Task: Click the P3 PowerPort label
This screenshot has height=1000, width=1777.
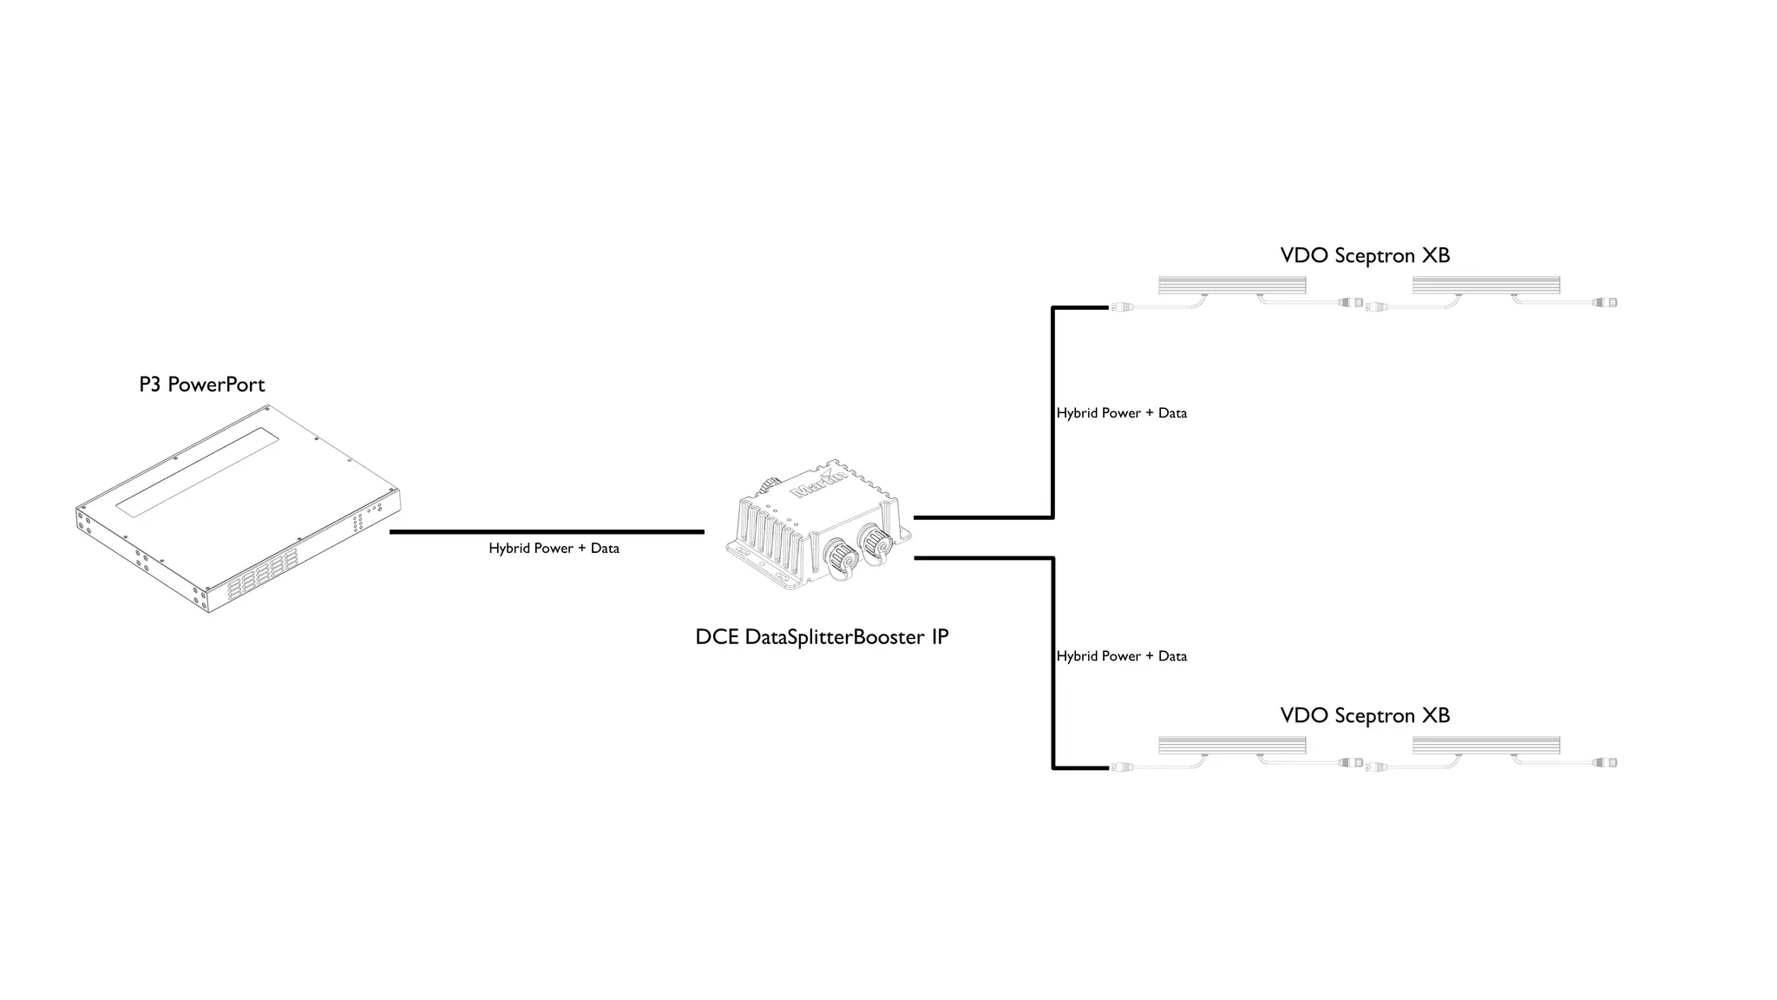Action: point(201,385)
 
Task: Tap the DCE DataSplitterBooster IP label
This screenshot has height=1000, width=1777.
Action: point(822,637)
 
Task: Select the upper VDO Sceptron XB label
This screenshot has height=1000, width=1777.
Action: point(1365,255)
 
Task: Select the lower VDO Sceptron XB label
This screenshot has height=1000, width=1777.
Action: point(1365,715)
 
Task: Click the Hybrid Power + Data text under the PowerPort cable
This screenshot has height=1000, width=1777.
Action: point(554,549)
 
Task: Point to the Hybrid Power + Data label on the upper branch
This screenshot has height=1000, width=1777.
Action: point(1121,413)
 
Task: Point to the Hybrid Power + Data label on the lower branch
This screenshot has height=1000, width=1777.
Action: point(1121,656)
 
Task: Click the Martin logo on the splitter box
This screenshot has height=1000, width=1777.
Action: point(818,484)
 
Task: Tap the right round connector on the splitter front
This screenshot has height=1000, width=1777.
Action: point(874,541)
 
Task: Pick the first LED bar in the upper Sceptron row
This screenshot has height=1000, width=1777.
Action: point(1232,285)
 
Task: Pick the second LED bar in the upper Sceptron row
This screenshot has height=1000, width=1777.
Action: point(1486,285)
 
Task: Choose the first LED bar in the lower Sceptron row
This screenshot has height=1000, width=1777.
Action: point(1232,745)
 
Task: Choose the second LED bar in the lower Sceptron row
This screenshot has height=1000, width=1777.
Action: point(1486,745)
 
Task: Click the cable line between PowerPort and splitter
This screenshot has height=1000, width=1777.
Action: point(547,531)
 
